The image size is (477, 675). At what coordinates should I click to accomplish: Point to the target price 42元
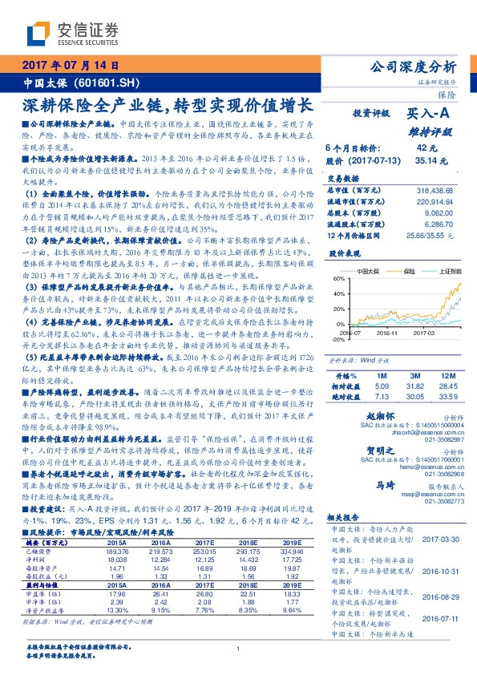(426, 148)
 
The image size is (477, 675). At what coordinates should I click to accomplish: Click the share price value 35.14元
(425, 160)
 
